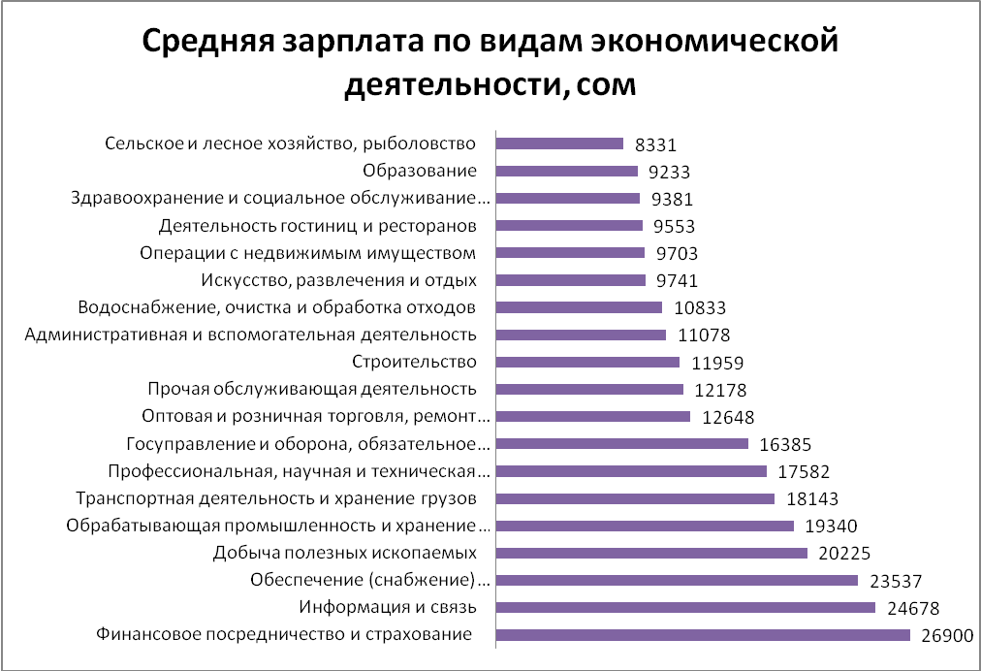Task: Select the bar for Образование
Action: pos(566,172)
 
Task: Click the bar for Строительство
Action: pos(587,363)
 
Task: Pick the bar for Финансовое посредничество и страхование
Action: pos(703,635)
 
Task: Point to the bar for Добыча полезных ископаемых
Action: pos(651,554)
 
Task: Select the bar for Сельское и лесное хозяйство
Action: pos(559,144)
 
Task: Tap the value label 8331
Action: pos(654,144)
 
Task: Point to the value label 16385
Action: pos(784,445)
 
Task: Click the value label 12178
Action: pos(719,391)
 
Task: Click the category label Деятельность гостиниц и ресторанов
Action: pos(317,226)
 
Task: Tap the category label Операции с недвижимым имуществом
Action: pos(308,253)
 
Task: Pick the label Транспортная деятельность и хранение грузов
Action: pos(275,498)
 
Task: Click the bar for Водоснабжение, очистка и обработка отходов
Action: pos(579,307)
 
